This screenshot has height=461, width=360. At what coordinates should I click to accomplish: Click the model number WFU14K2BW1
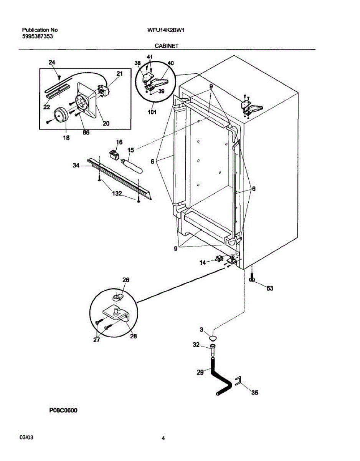[x=163, y=30]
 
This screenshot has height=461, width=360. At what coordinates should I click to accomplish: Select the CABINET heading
[x=167, y=45]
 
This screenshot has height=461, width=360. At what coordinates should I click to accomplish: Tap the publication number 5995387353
[x=37, y=36]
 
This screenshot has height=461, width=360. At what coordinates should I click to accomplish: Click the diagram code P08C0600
[x=63, y=411]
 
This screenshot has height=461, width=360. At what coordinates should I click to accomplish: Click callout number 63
[x=269, y=289]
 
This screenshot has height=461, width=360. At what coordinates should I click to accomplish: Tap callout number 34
[x=76, y=165]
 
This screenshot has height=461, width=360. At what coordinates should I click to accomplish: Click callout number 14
[x=202, y=262]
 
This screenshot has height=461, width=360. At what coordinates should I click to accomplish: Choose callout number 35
[x=255, y=392]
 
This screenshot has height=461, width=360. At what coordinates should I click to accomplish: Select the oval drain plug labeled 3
[x=213, y=338]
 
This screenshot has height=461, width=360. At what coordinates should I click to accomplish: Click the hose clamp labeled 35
[x=238, y=381]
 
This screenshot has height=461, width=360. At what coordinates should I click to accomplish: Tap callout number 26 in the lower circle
[x=126, y=280]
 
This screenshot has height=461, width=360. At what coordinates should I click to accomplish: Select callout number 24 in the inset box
[x=52, y=63]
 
